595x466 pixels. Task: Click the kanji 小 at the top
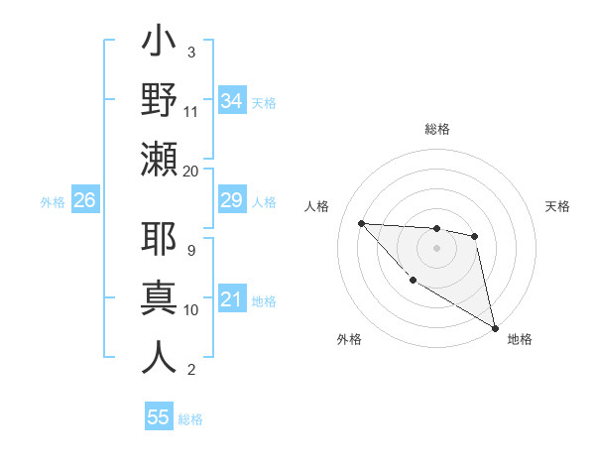[x=159, y=44]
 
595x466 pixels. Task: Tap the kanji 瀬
[x=159, y=159]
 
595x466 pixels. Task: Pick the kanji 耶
[x=159, y=241]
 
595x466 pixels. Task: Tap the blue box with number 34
[x=231, y=100]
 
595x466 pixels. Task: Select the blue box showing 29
[x=231, y=200]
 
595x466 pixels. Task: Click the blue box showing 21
[x=231, y=298]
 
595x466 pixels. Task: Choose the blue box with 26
[x=85, y=200]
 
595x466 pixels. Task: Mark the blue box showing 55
[x=159, y=417]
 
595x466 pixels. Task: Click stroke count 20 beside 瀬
[x=191, y=171]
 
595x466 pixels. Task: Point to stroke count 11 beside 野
[x=191, y=111]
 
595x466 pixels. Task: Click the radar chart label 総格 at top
[x=437, y=130]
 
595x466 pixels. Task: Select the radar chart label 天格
[x=557, y=207]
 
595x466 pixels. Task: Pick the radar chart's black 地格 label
[x=520, y=339]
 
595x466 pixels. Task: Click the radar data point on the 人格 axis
[x=362, y=223]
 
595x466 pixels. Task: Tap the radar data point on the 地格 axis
[x=496, y=328]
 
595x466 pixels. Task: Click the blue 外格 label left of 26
[x=53, y=202]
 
